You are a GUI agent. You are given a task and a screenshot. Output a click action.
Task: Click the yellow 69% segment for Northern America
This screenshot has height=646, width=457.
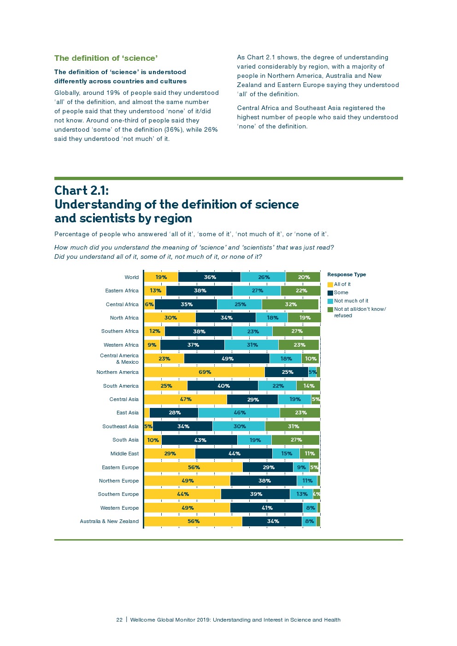205,372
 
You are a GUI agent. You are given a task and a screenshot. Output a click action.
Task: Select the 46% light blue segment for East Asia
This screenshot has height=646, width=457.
239,413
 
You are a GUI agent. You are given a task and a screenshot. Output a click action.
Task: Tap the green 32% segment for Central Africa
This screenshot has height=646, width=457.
290,304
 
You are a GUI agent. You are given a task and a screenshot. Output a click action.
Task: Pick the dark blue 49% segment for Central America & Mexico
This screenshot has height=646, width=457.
227,359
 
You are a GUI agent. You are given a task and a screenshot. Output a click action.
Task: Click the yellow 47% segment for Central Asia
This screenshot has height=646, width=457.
186,399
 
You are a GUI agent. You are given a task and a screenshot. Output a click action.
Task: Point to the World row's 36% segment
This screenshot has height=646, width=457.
210,277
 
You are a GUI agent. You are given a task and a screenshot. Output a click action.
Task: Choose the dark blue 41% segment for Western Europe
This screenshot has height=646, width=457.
267,508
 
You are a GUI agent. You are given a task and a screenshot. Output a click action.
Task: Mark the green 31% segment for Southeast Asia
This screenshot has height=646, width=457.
293,426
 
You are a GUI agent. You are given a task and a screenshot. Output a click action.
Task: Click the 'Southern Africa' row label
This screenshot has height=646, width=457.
120,331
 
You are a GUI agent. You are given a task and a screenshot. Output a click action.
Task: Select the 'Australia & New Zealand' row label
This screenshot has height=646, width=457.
109,521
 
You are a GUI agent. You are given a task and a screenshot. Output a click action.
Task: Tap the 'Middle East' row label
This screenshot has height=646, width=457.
124,454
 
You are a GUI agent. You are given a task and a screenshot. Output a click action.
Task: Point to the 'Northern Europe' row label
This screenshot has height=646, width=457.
119,481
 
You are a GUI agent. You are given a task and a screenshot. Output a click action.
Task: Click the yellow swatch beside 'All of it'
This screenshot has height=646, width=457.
330,285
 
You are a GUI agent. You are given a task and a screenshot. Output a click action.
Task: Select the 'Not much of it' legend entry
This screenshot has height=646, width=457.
351,301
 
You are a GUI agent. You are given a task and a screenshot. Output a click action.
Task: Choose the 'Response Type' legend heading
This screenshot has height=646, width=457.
346,274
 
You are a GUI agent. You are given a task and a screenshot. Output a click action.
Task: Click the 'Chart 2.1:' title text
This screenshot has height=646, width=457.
82,190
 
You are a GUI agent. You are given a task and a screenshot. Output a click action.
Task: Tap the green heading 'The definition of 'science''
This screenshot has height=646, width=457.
106,58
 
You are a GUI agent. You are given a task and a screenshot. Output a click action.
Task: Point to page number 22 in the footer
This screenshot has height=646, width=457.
119,620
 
